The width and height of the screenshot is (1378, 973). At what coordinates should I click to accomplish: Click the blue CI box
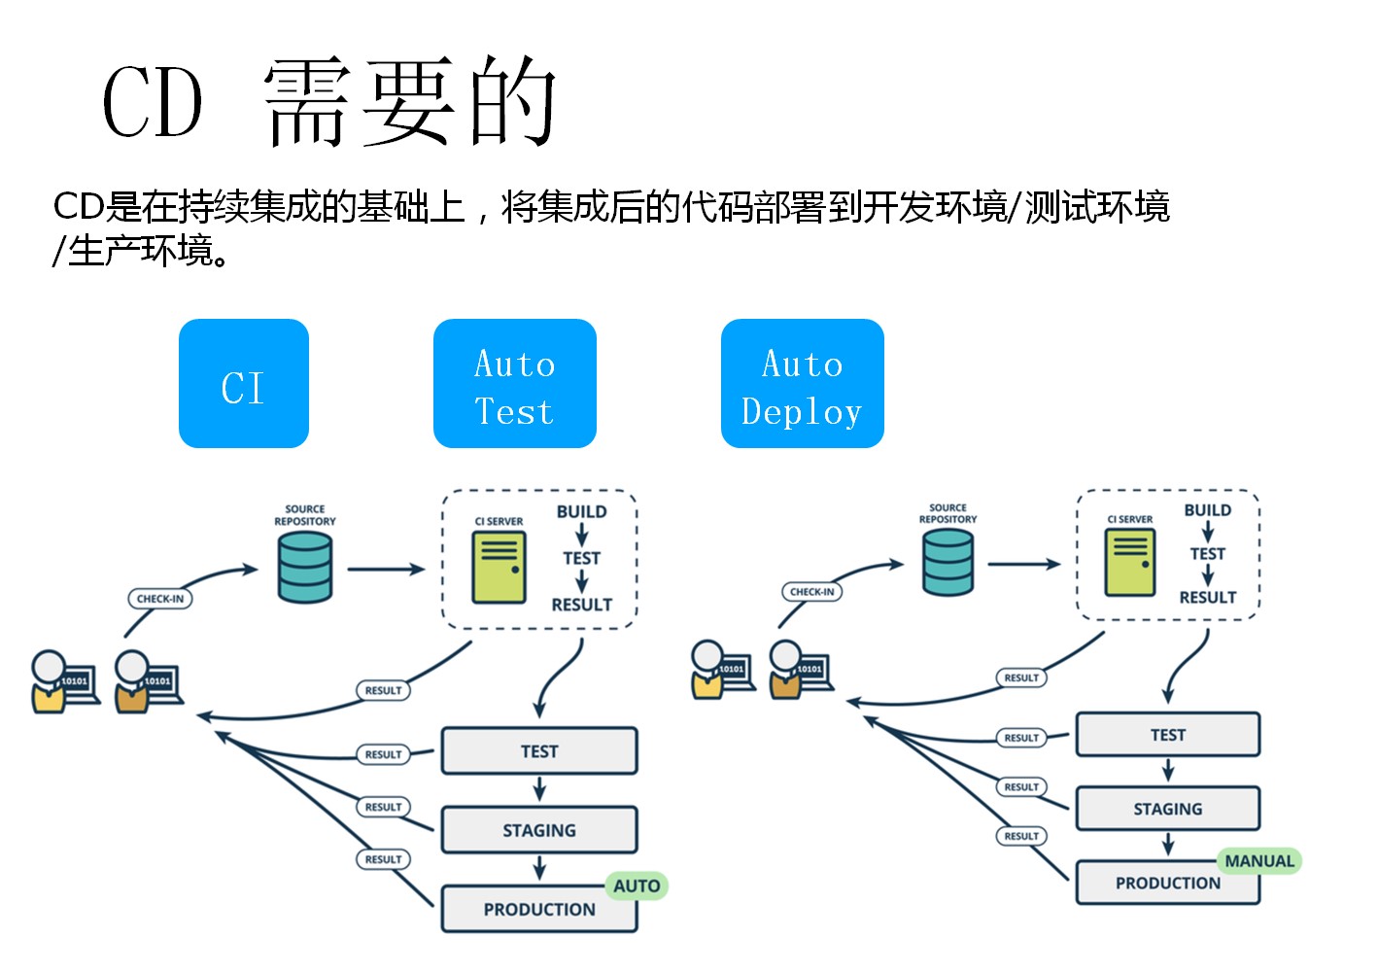click(x=243, y=384)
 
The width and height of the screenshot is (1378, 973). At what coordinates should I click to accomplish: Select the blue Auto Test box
click(x=514, y=384)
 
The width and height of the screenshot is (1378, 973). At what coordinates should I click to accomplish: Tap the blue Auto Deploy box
click(x=802, y=384)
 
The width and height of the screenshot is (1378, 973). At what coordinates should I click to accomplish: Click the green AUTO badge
click(x=637, y=886)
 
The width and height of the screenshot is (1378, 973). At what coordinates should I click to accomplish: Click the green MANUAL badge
click(x=1258, y=861)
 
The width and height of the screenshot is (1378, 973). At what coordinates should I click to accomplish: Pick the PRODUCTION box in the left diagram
click(x=538, y=910)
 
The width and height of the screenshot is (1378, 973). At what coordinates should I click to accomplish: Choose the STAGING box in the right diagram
click(x=1167, y=809)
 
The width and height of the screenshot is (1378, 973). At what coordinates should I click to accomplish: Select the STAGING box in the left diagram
click(x=538, y=830)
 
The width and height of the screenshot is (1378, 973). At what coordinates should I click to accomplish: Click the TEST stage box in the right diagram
click(x=1167, y=735)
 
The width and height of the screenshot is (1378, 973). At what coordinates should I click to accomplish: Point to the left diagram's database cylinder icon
click(x=304, y=569)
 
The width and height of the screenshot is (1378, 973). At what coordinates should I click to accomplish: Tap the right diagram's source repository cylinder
click(x=947, y=563)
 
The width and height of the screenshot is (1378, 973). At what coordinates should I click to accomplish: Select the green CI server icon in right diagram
click(x=1130, y=563)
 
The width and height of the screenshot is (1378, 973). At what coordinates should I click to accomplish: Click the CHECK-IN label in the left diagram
click(x=160, y=599)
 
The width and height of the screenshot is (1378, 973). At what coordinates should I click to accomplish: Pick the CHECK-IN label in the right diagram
click(x=811, y=591)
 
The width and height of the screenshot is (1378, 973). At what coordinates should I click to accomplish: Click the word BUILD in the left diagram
click(x=581, y=512)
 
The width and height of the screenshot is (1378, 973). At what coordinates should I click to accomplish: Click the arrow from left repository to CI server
click(x=386, y=570)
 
